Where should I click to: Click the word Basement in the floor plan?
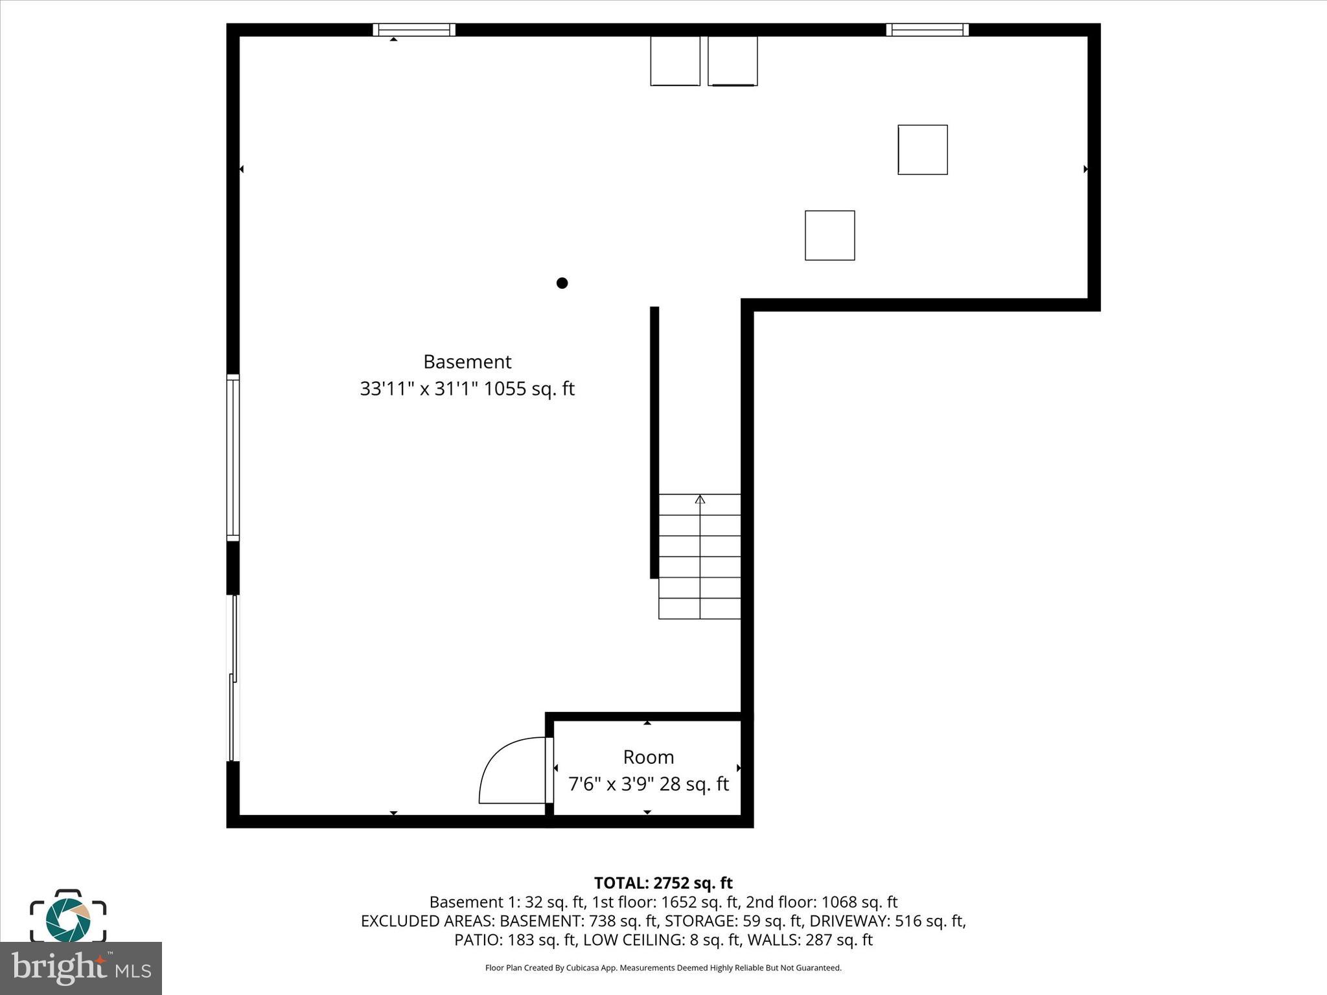(x=467, y=361)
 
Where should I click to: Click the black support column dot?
(x=562, y=283)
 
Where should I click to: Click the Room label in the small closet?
(x=649, y=757)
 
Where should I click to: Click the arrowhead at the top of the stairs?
(x=700, y=499)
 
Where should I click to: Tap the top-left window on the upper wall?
(x=414, y=30)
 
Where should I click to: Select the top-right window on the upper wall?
(x=927, y=30)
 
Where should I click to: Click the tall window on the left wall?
(x=233, y=457)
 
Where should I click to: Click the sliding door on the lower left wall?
(x=233, y=678)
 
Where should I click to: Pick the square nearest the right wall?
(x=923, y=150)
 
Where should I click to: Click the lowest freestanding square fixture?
(x=829, y=235)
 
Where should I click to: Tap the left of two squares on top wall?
(x=675, y=61)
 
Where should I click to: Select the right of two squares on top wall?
(x=732, y=61)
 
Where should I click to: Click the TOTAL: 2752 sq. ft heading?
(x=663, y=883)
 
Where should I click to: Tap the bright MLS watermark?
(x=81, y=968)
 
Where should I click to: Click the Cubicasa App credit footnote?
(x=663, y=968)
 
